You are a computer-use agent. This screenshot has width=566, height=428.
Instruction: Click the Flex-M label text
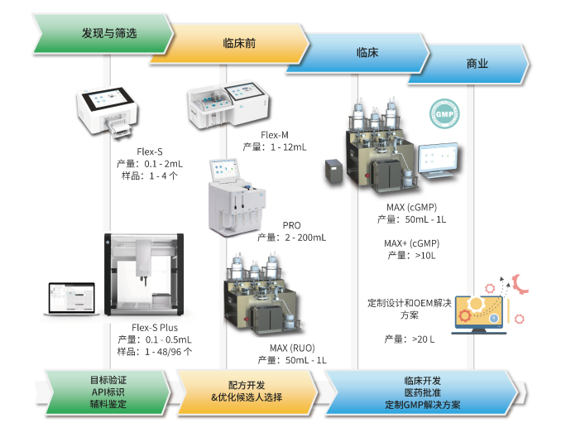[x=274, y=134]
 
